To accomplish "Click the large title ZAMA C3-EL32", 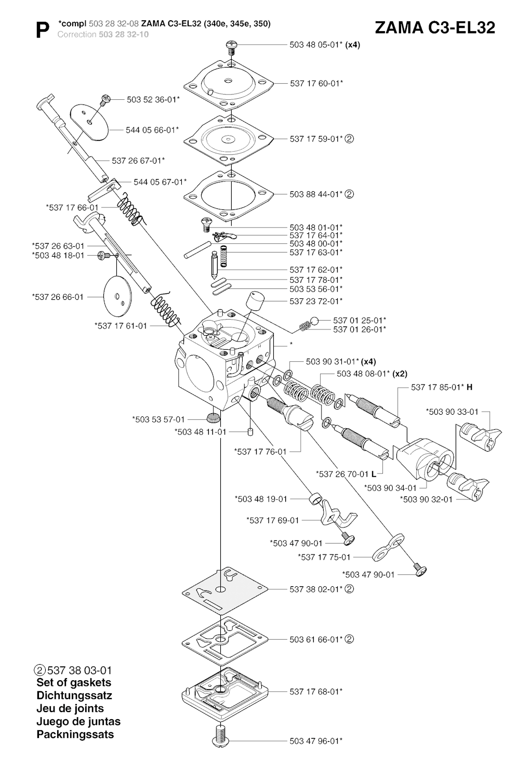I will pyautogui.click(x=434, y=28).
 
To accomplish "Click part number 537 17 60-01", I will pyautogui.click(x=316, y=83).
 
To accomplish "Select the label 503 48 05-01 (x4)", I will pyautogui.click(x=324, y=45).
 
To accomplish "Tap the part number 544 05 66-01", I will pyautogui.click(x=152, y=130).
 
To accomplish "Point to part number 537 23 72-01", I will pyautogui.click(x=316, y=301).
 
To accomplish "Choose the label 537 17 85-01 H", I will pyautogui.click(x=442, y=387).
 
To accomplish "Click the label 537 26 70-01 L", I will pyautogui.click(x=346, y=474).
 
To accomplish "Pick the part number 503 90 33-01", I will pyautogui.click(x=452, y=412).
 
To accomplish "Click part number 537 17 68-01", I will pyautogui.click(x=316, y=692).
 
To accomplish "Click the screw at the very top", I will pyautogui.click(x=231, y=48).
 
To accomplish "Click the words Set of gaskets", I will pyautogui.click(x=74, y=683).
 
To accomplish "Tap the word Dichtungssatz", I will pyautogui.click(x=74, y=695).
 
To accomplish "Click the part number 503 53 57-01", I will pyautogui.click(x=158, y=419).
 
